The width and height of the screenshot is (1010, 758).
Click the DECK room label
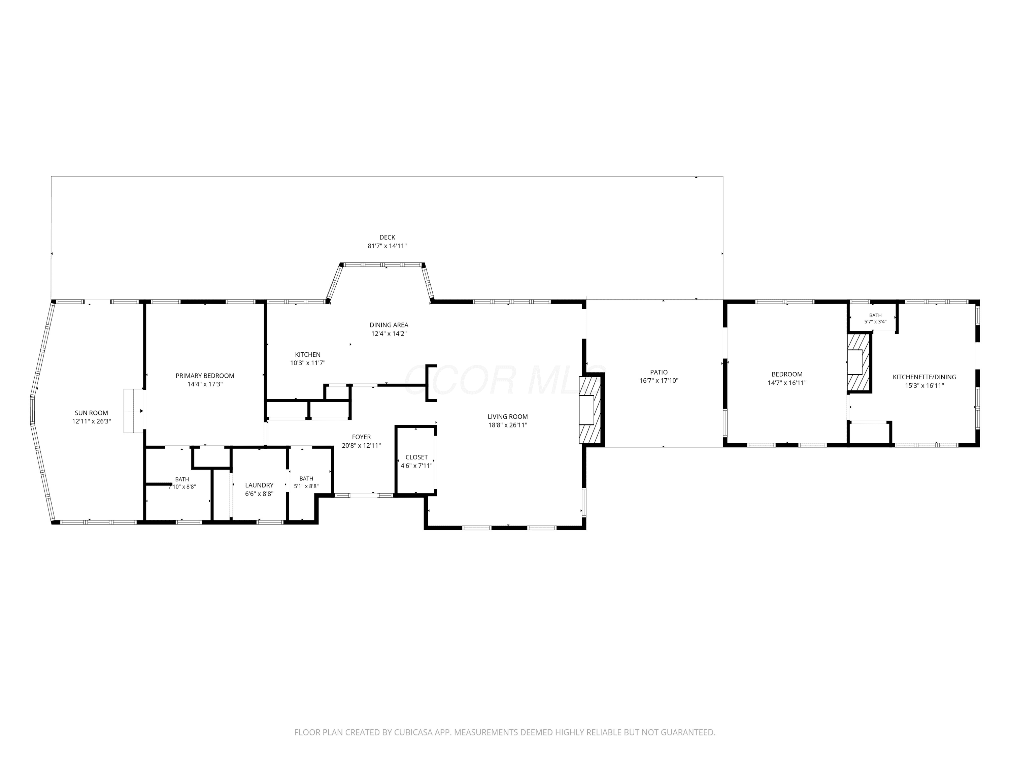387,237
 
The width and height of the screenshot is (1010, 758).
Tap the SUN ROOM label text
91,413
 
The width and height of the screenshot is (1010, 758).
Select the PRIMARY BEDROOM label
205,376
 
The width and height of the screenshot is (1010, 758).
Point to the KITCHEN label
308,354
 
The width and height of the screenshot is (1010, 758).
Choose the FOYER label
361,437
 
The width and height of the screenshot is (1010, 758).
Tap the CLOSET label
416,457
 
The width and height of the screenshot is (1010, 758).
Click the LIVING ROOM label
508,417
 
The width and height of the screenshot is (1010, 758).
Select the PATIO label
659,372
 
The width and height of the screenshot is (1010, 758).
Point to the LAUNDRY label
259,485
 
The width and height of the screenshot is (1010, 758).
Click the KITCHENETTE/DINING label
924,377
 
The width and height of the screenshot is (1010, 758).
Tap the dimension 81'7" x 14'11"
387,246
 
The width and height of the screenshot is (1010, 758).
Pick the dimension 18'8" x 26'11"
508,425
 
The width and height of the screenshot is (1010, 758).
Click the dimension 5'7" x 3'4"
875,322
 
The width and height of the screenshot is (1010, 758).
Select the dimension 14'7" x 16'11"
787,383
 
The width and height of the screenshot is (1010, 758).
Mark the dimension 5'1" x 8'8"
306,486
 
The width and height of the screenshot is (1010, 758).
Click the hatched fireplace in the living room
590,410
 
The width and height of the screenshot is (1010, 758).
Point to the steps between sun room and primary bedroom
134,411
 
